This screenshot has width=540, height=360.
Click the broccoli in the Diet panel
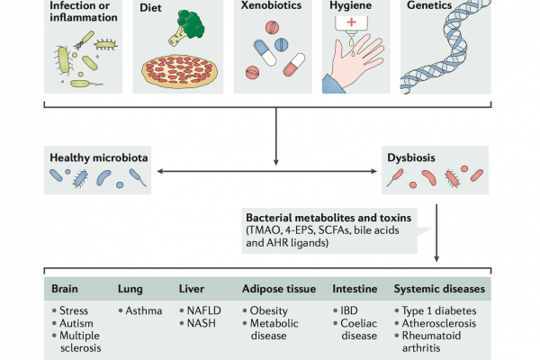186,28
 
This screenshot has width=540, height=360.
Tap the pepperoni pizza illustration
179,71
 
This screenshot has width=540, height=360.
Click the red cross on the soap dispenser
351,22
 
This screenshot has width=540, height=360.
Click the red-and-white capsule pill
293,65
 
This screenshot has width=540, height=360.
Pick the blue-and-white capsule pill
265,52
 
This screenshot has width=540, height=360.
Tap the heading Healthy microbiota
99,157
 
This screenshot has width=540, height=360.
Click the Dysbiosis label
411,157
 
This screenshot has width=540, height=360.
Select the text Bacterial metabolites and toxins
328,218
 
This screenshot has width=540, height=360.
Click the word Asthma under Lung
144,310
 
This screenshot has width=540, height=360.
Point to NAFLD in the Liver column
203,310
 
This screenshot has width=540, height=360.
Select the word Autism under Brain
76,323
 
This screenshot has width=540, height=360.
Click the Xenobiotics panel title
271,5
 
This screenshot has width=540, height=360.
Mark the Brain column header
65,289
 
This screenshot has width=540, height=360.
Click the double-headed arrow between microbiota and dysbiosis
267,171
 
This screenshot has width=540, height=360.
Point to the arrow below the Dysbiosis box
436,233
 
